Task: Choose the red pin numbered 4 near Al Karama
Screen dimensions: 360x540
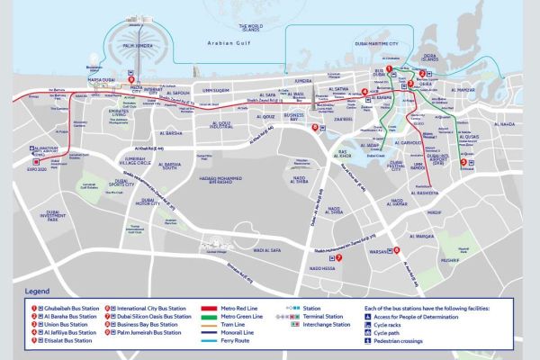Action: tap(364, 92)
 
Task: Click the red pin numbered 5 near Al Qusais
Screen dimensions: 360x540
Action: tap(463, 162)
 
